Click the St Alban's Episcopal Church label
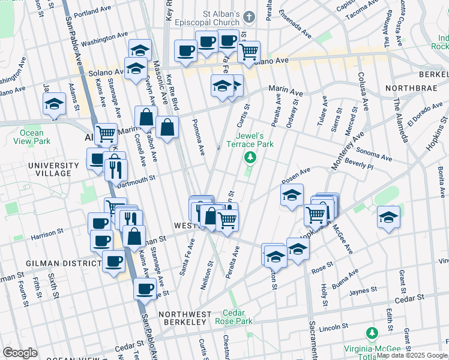tap(212, 19)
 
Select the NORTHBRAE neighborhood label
tap(409, 88)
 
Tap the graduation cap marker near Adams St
tap(54, 104)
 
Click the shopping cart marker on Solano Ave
tap(249, 52)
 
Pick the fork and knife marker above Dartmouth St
tap(116, 169)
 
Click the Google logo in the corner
tap(20, 353)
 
